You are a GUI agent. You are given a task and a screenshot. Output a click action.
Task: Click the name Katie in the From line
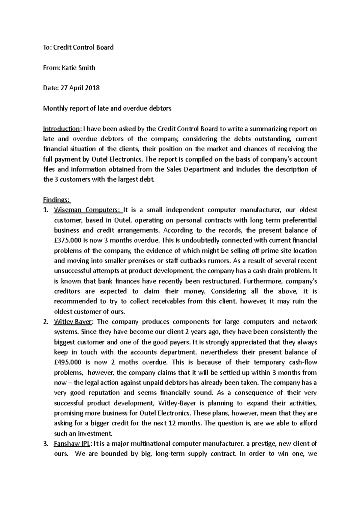pos(69,68)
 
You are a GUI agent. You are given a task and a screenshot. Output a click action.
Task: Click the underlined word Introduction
pos(61,129)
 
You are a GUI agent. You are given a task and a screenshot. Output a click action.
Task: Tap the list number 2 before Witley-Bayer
pos(45,322)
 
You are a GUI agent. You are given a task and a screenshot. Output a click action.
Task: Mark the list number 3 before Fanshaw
pos(45,444)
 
